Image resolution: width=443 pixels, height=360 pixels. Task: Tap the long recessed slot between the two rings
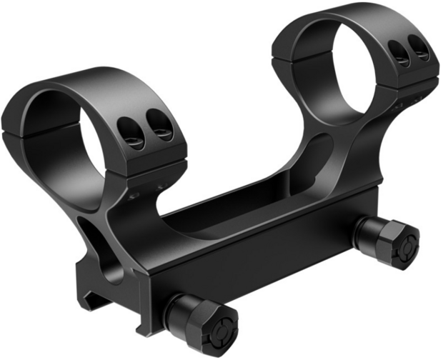(236, 207)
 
